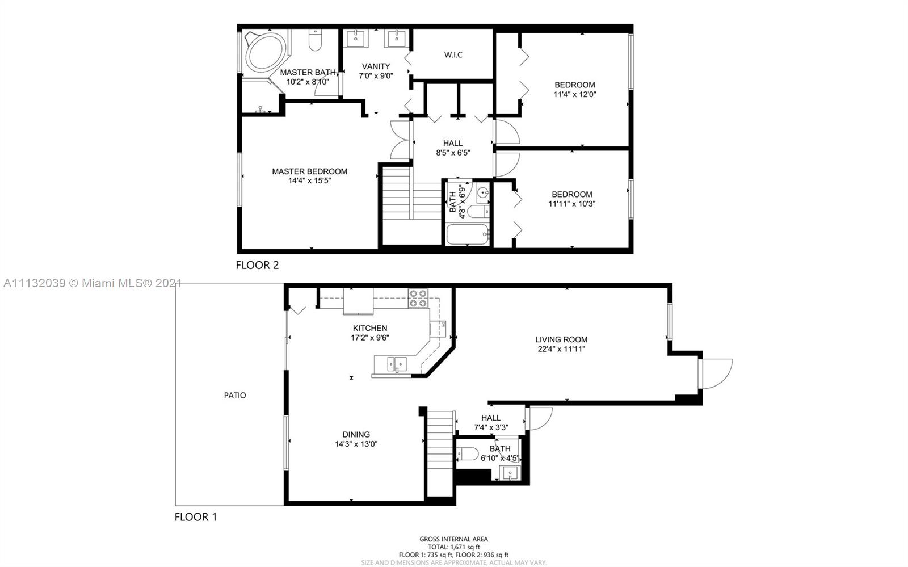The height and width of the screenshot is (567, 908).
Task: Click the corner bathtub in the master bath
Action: tap(266, 53)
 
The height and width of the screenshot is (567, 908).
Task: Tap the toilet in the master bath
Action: tap(315, 40)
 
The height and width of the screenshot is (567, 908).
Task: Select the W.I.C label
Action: tap(453, 54)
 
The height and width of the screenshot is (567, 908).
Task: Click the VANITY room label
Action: tap(376, 66)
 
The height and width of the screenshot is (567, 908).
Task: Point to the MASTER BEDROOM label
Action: tap(310, 171)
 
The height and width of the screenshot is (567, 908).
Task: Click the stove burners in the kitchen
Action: tap(418, 298)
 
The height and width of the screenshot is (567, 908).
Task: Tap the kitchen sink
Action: tap(397, 364)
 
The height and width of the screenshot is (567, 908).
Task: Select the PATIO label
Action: tap(235, 395)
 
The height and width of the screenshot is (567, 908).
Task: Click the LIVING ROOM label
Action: tap(561, 339)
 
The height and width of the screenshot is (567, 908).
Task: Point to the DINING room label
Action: tap(356, 434)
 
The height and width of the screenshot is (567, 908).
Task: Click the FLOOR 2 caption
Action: tap(258, 265)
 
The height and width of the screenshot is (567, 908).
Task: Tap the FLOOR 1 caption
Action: tap(196, 517)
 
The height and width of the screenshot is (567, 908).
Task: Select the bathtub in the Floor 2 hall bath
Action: tap(468, 234)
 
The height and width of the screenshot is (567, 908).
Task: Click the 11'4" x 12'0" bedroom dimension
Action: tap(575, 94)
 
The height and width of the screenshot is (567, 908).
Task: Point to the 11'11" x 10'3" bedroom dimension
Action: tap(572, 204)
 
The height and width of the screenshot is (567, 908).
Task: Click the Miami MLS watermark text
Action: tap(92, 283)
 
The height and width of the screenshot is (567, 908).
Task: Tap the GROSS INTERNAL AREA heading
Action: tap(453, 539)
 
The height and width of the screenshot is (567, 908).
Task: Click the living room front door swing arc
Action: tap(726, 377)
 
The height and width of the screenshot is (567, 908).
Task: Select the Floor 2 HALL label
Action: tap(453, 144)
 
